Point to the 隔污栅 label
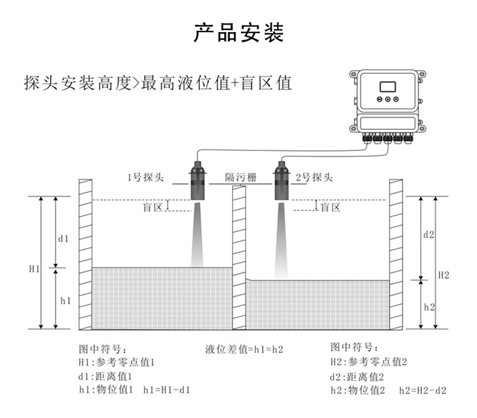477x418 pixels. coord(241,177)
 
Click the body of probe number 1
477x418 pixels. coord(197,182)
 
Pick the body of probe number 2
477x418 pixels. coord(281,182)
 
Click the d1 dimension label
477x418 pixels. coord(63,239)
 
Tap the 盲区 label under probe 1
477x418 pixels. coord(153,207)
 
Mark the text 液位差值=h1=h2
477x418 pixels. coord(245,349)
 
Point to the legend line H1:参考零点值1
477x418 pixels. coord(117,362)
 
